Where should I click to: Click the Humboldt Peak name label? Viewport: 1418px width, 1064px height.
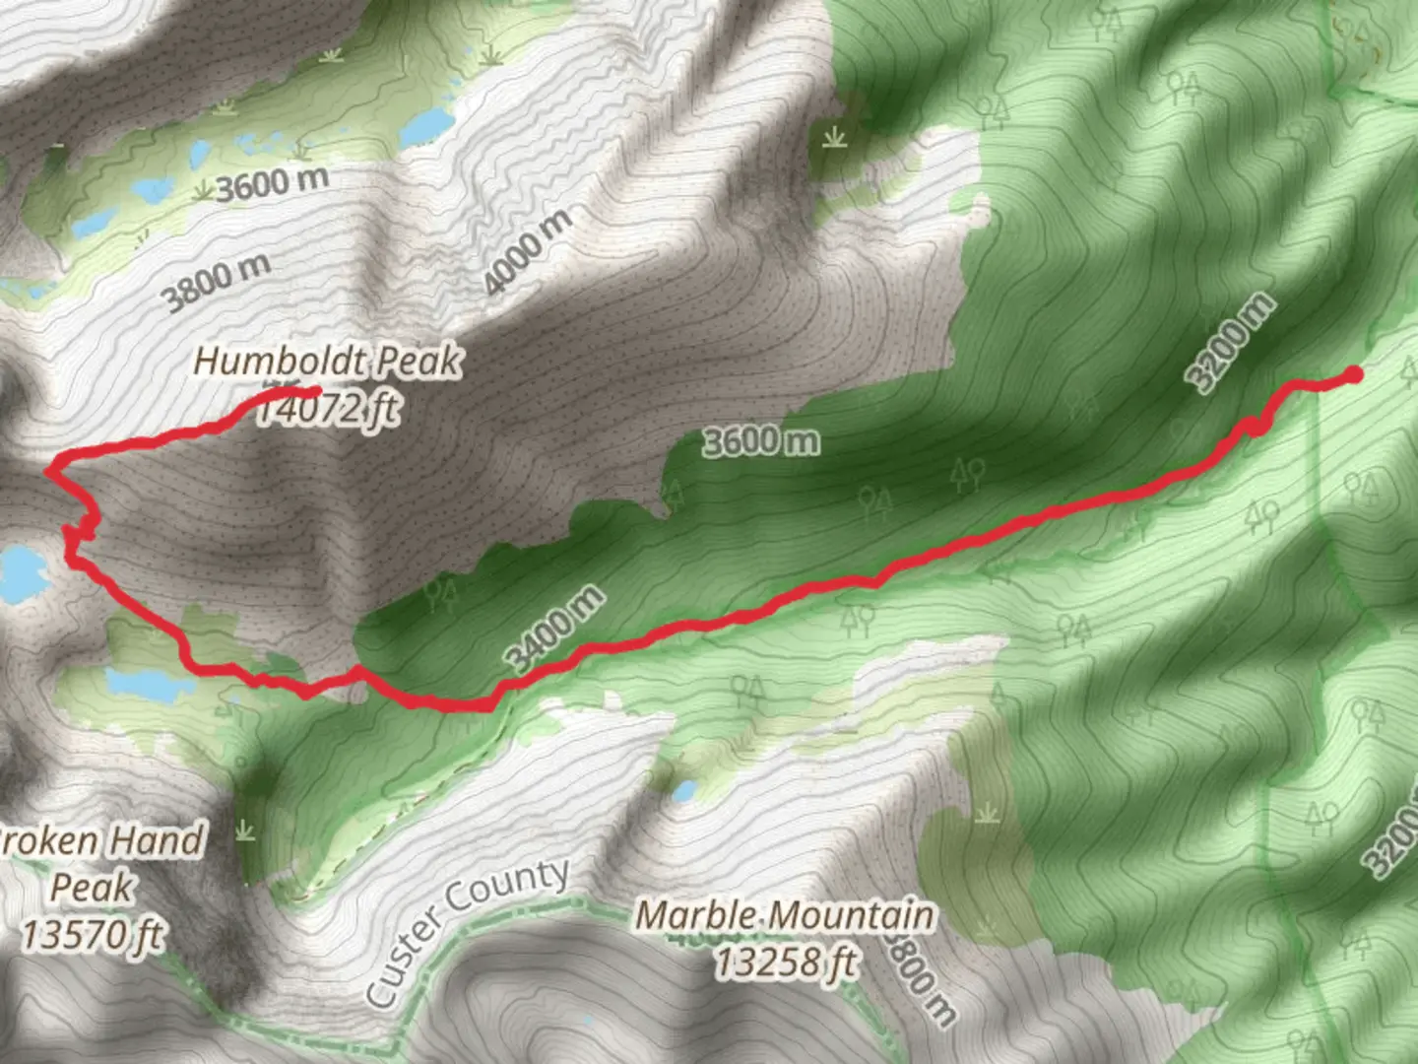(327, 361)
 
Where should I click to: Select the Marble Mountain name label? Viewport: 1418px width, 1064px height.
(784, 915)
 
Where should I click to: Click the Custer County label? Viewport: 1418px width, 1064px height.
(467, 931)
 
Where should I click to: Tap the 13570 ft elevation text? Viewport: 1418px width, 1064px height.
(93, 934)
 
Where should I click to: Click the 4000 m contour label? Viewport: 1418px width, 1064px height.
(527, 251)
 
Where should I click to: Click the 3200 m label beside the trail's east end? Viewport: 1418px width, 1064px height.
(1230, 342)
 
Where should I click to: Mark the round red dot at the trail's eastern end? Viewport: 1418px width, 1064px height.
(1354, 374)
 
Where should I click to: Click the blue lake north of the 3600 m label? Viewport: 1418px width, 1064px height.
(426, 125)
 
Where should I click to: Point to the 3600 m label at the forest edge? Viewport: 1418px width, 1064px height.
(760, 440)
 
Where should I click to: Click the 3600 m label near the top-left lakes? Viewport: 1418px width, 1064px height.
(272, 183)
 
